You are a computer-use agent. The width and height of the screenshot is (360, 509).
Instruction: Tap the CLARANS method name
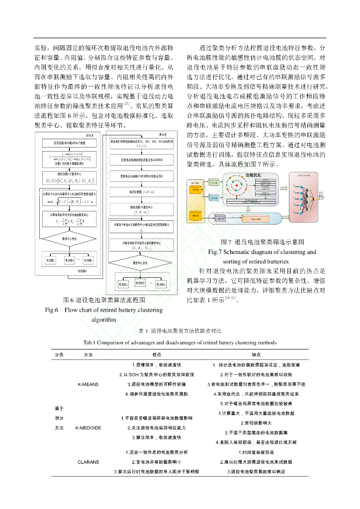[x=89, y=462]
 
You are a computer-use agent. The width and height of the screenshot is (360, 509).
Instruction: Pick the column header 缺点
[x=256, y=354]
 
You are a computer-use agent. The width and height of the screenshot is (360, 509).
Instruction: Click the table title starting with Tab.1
[x=180, y=342]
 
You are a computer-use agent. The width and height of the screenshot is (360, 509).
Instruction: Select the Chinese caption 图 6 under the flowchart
[x=103, y=300]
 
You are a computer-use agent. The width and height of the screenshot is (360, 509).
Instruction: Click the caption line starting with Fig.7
[x=262, y=252]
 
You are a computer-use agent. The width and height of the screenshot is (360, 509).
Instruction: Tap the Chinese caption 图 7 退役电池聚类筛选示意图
[x=262, y=242]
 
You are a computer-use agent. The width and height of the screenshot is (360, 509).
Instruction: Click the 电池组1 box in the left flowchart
[x=51, y=260]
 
